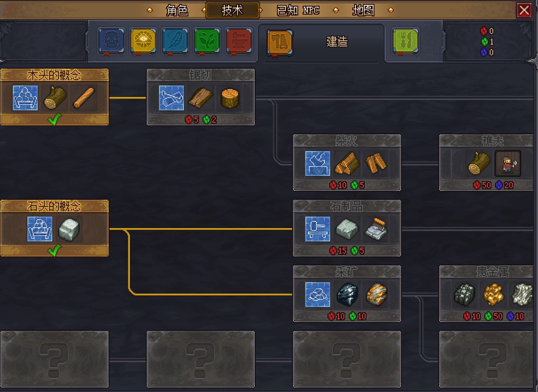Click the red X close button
[524, 10]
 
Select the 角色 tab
[177, 10]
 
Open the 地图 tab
[363, 10]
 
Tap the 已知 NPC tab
[298, 10]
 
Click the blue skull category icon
[112, 41]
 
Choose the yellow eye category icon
[144, 41]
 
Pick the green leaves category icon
[207, 41]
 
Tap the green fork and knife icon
[405, 41]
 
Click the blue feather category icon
[175, 41]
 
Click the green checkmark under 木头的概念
[55, 120]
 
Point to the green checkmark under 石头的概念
[55, 251]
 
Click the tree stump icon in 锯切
[230, 98]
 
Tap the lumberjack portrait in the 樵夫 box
[508, 164]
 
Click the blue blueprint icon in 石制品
[317, 229]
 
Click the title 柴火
[347, 140]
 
